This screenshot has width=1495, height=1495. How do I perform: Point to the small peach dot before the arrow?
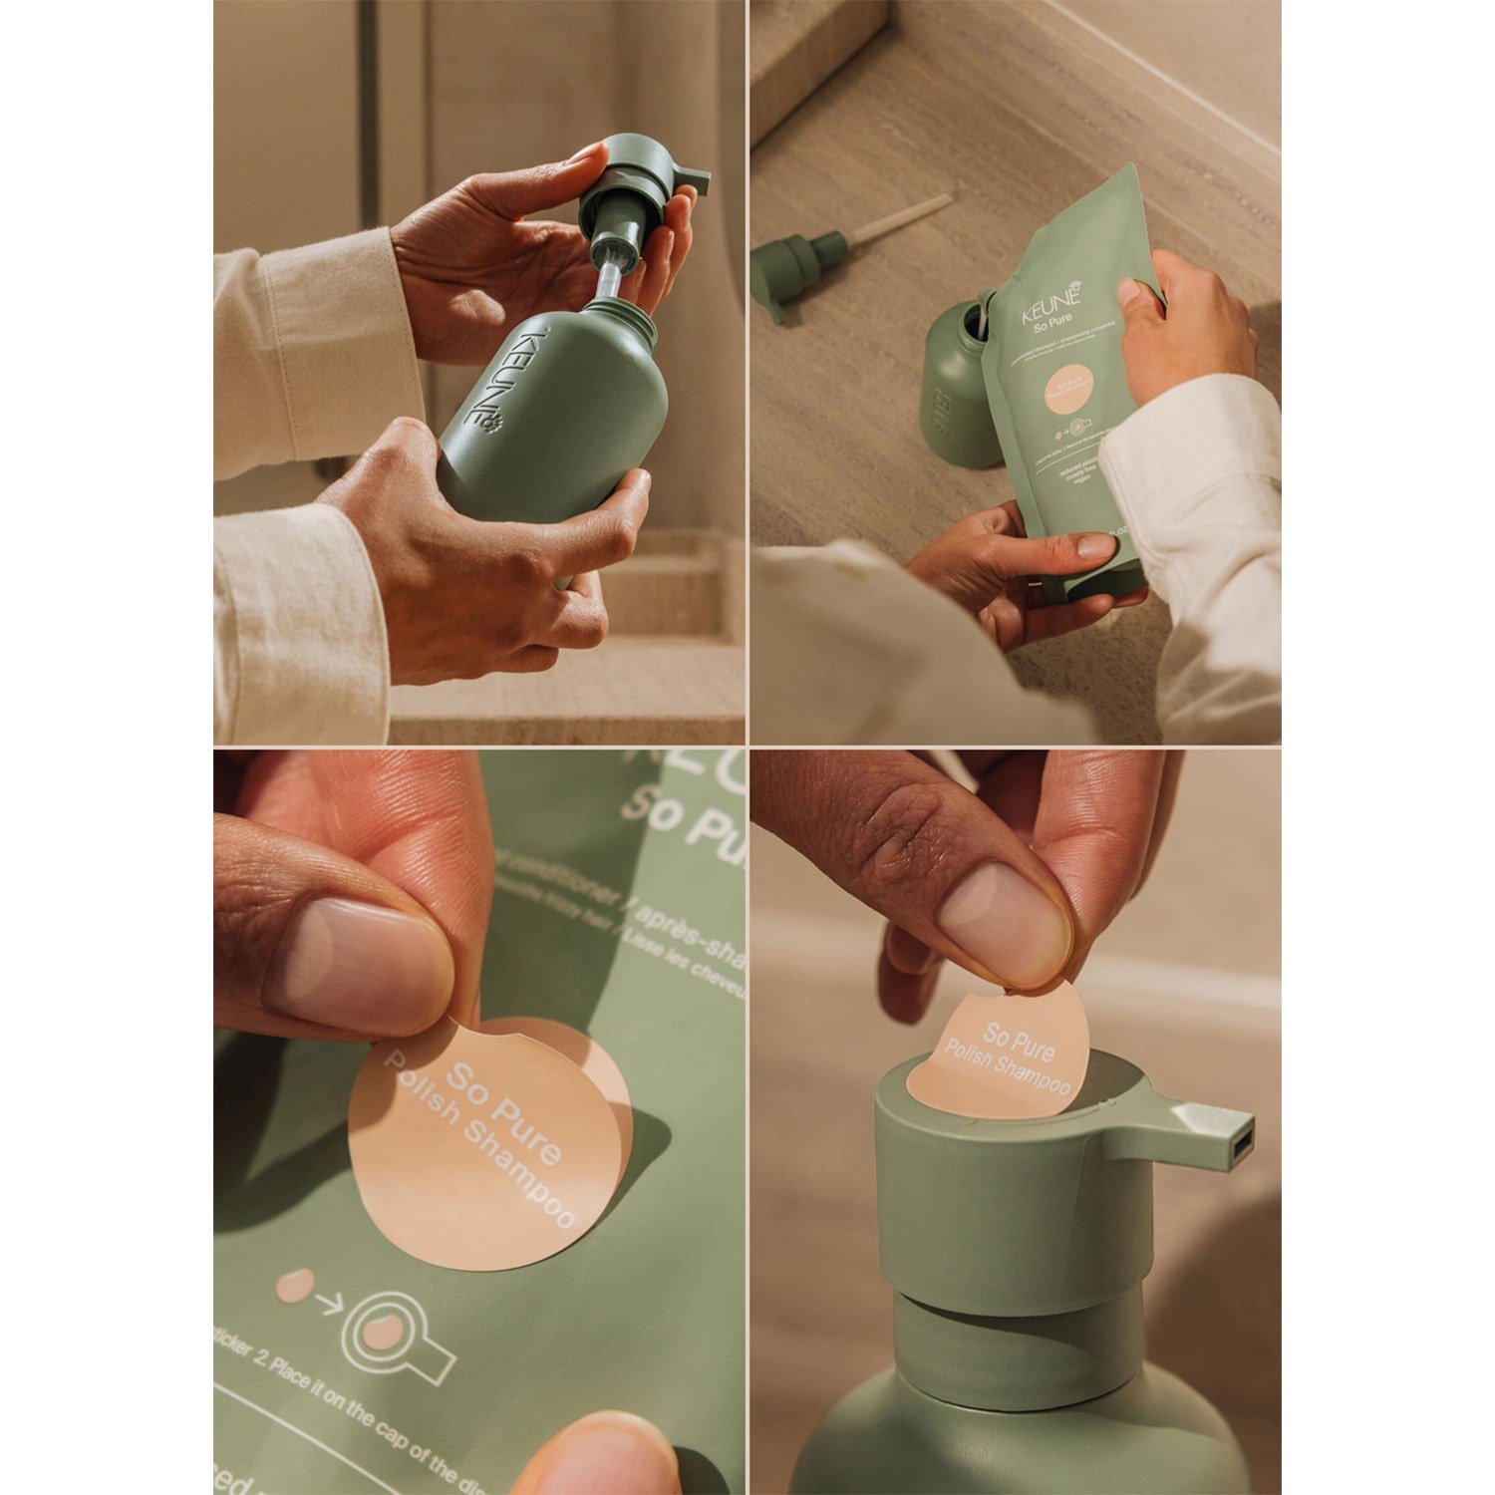pos(294,1286)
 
